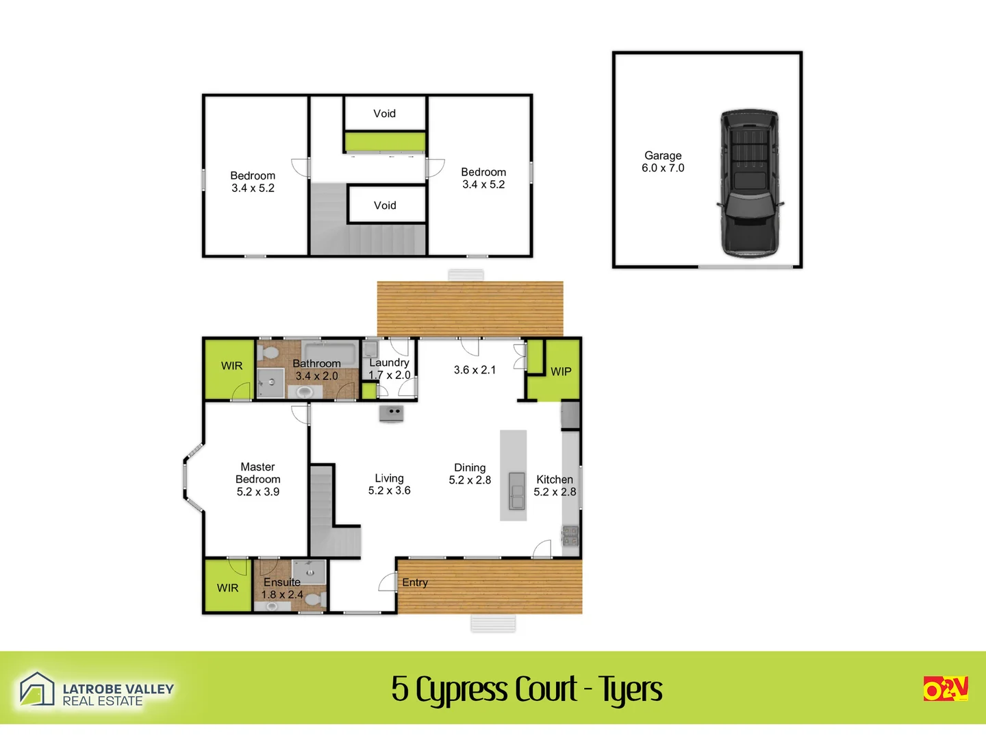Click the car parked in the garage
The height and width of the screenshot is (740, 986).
click(749, 184)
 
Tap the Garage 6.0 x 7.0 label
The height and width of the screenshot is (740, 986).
click(663, 162)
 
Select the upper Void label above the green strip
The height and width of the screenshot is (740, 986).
click(384, 114)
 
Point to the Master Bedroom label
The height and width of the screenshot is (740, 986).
click(258, 479)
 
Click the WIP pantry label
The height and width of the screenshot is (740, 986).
click(561, 371)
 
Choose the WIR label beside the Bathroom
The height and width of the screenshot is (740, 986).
click(231, 366)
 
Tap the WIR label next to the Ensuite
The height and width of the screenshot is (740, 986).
click(227, 588)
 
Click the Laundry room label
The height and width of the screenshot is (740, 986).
click(389, 363)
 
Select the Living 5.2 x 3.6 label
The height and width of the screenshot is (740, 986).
click(389, 484)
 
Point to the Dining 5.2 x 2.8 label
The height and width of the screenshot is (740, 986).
click(470, 473)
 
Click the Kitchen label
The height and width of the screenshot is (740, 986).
click(555, 480)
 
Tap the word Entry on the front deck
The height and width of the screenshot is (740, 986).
click(415, 582)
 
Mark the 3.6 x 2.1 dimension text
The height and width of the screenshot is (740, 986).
click(475, 370)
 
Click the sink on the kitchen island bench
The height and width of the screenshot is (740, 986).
click(516, 491)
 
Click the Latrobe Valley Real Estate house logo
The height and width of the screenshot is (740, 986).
click(36, 689)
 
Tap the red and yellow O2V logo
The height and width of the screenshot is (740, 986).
click(946, 689)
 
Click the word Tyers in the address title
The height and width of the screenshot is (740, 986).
click(631, 689)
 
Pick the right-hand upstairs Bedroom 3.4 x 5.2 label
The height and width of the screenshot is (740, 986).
click(483, 178)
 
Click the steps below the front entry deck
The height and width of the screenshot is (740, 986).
click(493, 623)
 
